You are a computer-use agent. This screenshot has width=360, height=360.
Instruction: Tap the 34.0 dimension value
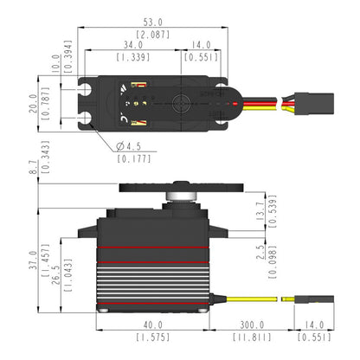(x=133, y=44)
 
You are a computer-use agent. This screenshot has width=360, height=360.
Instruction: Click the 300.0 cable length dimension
(x=252, y=326)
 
